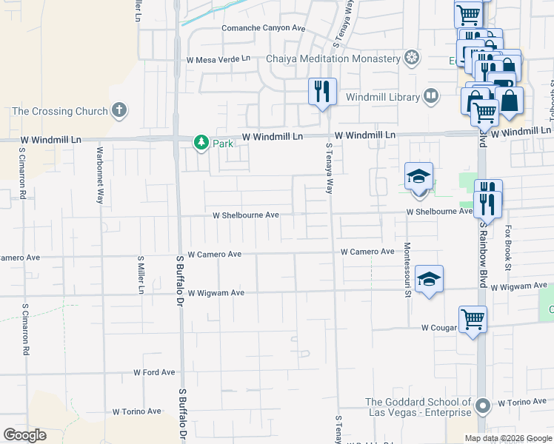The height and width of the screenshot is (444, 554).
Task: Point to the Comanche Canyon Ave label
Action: (264, 28)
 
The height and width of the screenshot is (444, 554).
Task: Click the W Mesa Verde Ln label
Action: (218, 58)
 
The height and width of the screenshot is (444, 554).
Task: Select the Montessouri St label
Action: (407, 269)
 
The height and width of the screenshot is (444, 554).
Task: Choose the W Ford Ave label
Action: (154, 372)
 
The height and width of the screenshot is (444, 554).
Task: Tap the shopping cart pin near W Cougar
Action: (473, 320)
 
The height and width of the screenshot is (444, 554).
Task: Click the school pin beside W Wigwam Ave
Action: (429, 279)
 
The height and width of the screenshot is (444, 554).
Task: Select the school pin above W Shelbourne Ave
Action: (418, 178)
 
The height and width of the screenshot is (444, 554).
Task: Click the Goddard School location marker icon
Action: (482, 406)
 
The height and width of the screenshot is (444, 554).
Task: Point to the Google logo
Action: (24, 435)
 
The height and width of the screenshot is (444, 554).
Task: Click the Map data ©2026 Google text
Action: (508, 438)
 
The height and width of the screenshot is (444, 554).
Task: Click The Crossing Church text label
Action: (59, 112)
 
